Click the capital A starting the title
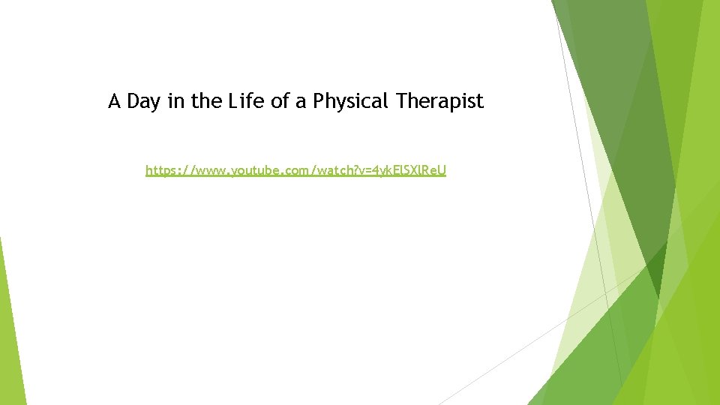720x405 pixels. click(115, 101)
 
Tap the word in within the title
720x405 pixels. click(175, 101)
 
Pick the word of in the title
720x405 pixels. click(280, 101)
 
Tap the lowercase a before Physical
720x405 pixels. click(301, 102)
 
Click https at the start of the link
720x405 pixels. click(160, 171)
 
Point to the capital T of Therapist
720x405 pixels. click(400, 101)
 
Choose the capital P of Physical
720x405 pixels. click(318, 101)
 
